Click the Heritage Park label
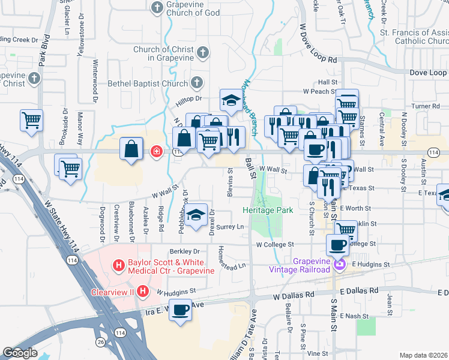point(267,211)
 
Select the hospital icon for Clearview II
point(143,292)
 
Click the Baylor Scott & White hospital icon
point(119,264)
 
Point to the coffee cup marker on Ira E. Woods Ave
point(180,310)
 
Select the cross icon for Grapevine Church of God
point(157,8)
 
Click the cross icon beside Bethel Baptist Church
point(197,82)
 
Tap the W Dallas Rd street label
point(294,296)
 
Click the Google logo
point(19,353)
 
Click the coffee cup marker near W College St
point(338,244)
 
